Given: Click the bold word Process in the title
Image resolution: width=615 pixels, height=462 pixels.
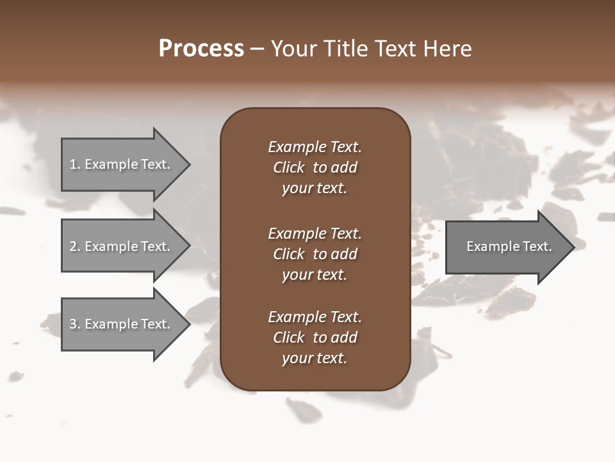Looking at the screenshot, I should (201, 49).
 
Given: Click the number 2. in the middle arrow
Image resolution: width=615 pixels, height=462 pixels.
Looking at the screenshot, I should (75, 246).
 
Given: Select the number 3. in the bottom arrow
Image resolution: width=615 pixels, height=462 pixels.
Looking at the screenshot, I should (75, 324).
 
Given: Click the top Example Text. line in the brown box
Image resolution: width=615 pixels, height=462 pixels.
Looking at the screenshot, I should (315, 147).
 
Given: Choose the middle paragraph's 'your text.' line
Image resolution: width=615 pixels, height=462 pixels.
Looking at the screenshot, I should (315, 275).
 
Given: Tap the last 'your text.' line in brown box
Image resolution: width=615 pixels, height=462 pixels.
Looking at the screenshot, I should (315, 358).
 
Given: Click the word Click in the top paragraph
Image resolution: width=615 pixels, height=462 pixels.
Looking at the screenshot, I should (289, 167).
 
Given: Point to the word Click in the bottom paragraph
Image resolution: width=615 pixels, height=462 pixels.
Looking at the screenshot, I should (289, 338).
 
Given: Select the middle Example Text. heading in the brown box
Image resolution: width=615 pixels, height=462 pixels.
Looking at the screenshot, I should (315, 234).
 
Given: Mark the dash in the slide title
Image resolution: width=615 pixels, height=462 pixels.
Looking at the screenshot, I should (257, 49).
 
